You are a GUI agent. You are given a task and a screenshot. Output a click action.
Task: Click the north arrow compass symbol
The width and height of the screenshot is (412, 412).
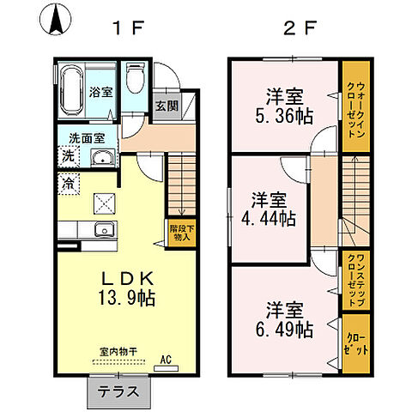[x=57, y=21]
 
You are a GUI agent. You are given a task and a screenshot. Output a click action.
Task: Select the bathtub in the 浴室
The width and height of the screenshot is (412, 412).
[x=72, y=91]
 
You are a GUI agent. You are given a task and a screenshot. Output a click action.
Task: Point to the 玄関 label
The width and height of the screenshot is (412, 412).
[x=166, y=106]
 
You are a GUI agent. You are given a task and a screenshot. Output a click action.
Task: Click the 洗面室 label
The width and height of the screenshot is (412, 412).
[x=87, y=136]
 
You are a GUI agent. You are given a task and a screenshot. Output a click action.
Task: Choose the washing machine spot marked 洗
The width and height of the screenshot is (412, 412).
[x=68, y=156]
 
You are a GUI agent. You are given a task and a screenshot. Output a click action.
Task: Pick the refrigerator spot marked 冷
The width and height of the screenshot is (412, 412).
[x=68, y=182]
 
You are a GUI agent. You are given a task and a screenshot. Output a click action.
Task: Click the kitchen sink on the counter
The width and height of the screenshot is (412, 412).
[x=103, y=229]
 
